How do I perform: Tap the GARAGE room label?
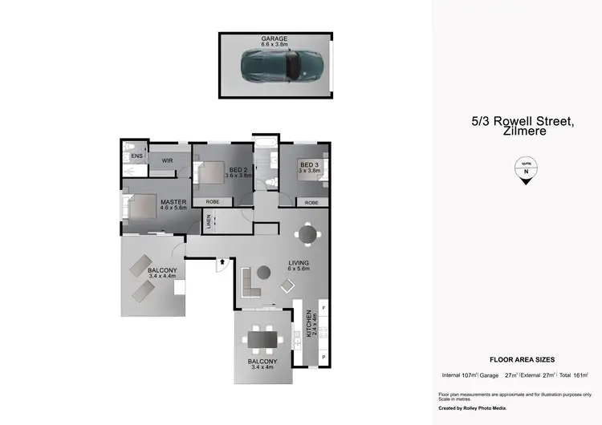(x=274, y=38)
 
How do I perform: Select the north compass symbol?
(x=526, y=170)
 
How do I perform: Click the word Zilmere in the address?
(x=526, y=131)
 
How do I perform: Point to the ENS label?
(x=136, y=156)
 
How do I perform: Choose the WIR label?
(x=168, y=161)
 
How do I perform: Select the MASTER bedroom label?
(x=173, y=202)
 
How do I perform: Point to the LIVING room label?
(x=299, y=263)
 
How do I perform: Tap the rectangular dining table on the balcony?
(x=263, y=340)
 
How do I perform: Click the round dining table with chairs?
(x=307, y=233)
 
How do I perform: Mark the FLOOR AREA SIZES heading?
(x=523, y=360)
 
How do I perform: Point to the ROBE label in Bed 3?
(x=311, y=203)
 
